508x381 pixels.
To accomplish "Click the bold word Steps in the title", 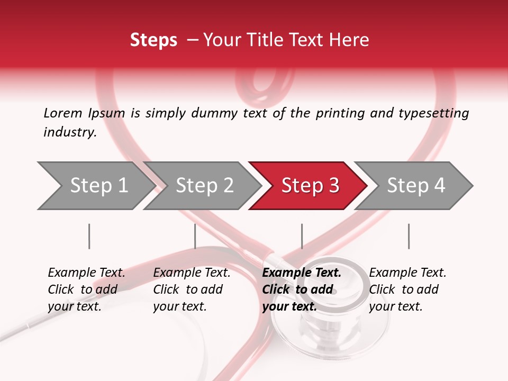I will [153, 40].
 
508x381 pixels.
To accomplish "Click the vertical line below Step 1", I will [89, 236].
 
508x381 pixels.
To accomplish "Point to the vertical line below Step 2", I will [195, 236].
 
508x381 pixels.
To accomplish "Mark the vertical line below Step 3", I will [302, 236].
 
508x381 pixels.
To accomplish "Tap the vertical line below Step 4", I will [409, 236].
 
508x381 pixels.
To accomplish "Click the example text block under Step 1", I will [86, 289].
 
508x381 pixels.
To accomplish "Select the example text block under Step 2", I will [192, 289].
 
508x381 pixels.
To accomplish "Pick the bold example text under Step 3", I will [302, 289].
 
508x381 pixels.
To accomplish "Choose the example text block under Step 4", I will [407, 289].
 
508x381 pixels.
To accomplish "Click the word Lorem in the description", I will [63, 113].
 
